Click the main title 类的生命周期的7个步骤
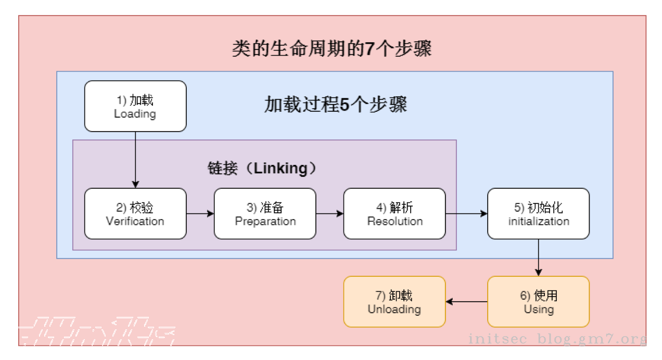(x=332, y=49)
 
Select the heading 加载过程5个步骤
(x=335, y=105)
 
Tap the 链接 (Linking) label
(x=262, y=169)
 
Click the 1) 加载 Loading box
(x=135, y=106)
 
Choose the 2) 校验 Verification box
(x=135, y=214)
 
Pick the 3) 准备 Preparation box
(x=265, y=214)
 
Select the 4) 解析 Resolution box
(x=394, y=214)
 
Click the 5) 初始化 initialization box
(x=538, y=214)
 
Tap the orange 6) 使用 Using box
(x=538, y=302)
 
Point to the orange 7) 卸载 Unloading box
(x=394, y=302)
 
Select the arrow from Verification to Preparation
(x=200, y=213)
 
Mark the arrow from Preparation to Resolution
(x=330, y=213)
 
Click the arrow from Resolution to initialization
(x=466, y=213)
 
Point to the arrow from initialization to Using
(x=538, y=258)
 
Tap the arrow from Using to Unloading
(x=466, y=301)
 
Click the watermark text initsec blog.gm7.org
(x=557, y=339)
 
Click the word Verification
(x=135, y=221)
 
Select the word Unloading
(x=394, y=309)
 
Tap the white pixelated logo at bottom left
(x=96, y=331)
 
